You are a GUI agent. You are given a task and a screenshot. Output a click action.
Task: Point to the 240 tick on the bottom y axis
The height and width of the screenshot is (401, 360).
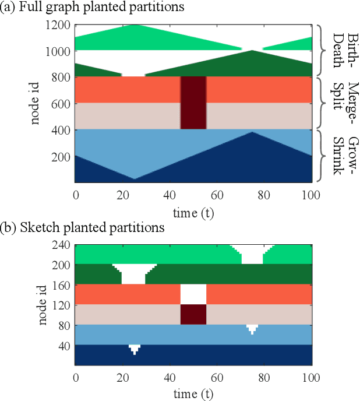pyautogui.click(x=62, y=245)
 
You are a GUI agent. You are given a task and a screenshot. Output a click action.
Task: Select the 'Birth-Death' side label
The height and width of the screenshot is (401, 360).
pyautogui.click(x=344, y=51)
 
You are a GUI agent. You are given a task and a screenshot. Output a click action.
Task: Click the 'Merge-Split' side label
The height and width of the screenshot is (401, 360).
pyautogui.click(x=344, y=103)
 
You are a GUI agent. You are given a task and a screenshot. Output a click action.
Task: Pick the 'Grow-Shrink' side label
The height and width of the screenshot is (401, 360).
pyautogui.click(x=344, y=156)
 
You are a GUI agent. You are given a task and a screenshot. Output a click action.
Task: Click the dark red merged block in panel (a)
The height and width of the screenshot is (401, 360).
pyautogui.click(x=193, y=103)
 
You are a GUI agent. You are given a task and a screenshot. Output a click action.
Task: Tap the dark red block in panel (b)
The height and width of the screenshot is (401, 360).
pyautogui.click(x=193, y=314)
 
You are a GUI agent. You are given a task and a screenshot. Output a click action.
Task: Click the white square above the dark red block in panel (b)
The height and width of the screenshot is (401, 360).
pyautogui.click(x=193, y=294)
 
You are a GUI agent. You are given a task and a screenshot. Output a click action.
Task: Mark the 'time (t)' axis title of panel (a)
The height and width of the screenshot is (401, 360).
pyautogui.click(x=193, y=213)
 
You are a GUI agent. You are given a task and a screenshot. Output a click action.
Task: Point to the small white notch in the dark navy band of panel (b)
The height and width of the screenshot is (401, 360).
pyautogui.click(x=134, y=349)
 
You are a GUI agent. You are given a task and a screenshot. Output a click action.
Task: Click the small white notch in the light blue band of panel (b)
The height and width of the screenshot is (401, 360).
pyautogui.click(x=252, y=328)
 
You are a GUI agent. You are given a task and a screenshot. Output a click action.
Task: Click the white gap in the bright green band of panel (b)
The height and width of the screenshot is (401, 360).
pyautogui.click(x=252, y=254)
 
